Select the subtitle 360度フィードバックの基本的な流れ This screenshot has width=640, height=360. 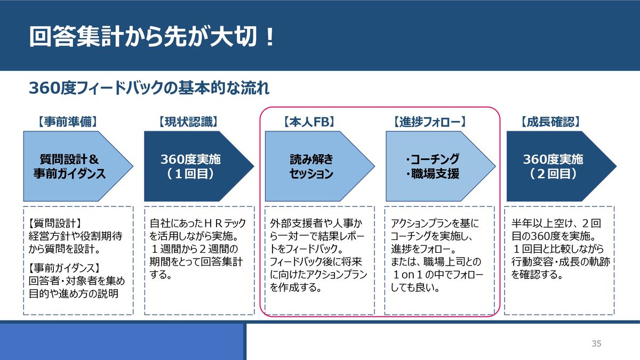click(149, 88)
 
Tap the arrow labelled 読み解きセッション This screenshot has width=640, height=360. click(311, 166)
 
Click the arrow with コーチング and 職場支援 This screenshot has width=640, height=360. click(432, 166)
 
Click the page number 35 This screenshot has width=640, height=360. click(596, 343)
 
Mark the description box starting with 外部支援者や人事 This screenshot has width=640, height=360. click(319, 260)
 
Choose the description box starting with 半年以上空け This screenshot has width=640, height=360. click(561, 260)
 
